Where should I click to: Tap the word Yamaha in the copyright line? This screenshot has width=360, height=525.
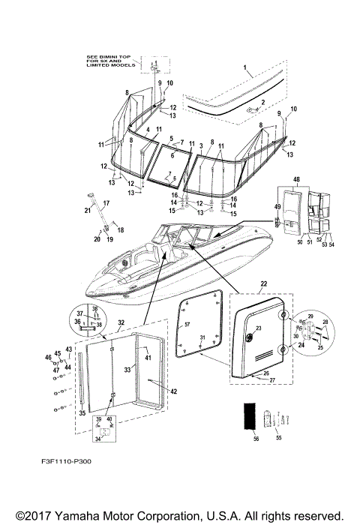pos(85,515)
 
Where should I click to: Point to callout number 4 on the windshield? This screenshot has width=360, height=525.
pos(148,130)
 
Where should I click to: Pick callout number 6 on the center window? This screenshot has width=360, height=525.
pos(171,155)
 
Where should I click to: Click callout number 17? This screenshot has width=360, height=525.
pos(106,202)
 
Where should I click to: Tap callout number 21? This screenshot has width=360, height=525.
pos(87,211)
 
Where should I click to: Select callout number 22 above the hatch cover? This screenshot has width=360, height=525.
pos(263,283)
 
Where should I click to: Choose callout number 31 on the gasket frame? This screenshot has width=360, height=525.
pos(200,340)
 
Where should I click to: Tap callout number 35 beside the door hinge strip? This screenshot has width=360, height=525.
pos(82,412)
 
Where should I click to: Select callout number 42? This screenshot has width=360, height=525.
pos(173,391)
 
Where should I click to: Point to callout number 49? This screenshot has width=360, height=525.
pos(276,208)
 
